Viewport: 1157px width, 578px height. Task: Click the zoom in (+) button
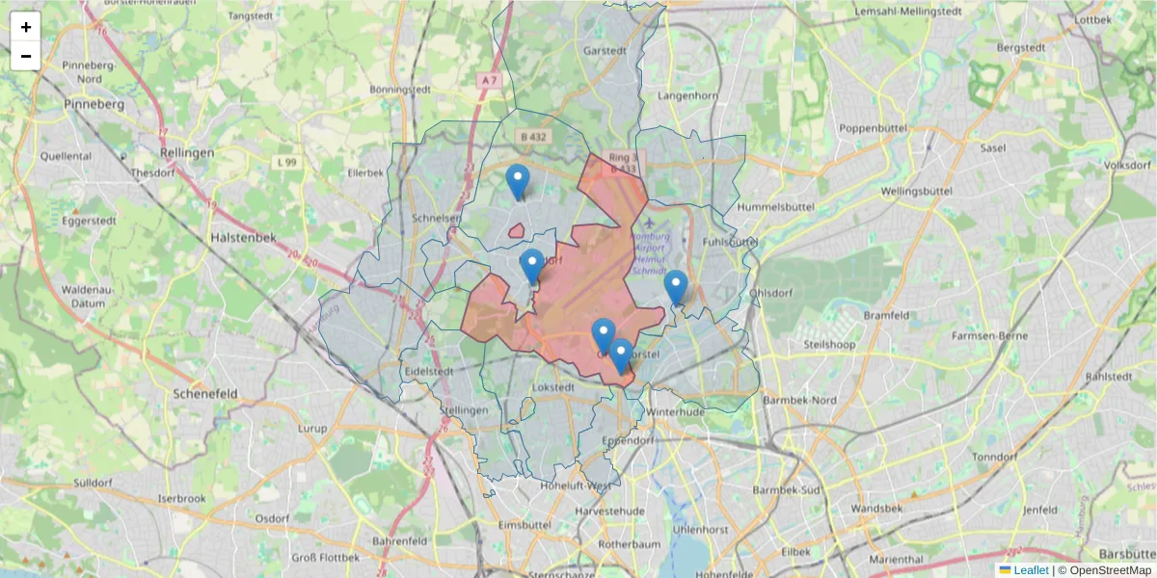click(x=26, y=27)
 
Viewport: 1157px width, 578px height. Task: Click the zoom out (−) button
click(x=26, y=56)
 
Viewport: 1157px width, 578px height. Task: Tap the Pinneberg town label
click(x=94, y=103)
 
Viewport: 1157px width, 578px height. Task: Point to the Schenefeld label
click(x=204, y=394)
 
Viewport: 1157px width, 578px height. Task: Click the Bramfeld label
click(x=886, y=315)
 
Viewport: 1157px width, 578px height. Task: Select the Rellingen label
click(x=188, y=153)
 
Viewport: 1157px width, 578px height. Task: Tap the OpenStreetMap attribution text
click(x=1111, y=570)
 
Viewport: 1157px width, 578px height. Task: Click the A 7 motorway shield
click(x=490, y=81)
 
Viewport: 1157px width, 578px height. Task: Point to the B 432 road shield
click(x=530, y=138)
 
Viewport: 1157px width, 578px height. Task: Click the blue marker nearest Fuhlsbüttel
click(x=676, y=287)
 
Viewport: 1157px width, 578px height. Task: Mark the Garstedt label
click(x=605, y=50)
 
